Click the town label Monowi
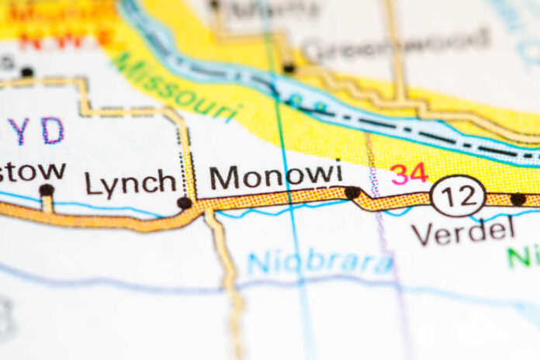276,176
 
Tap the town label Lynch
130,184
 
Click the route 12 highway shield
458,196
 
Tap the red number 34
409,173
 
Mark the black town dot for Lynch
184,202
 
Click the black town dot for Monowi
352,192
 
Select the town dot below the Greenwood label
289,68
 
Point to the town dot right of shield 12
517,199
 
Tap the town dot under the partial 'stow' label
47,189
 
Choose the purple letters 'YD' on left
35,131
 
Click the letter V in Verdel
423,231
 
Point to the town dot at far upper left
27,71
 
